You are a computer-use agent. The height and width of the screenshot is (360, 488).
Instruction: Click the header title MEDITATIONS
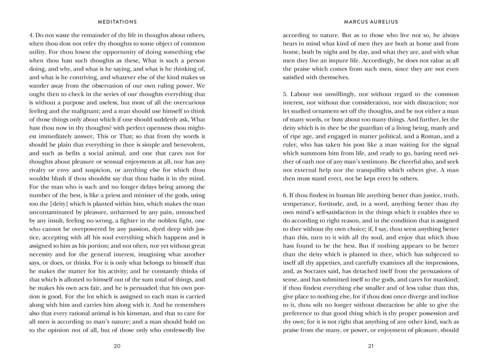[x=117, y=21]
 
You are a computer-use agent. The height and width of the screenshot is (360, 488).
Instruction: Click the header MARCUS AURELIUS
[x=370, y=21]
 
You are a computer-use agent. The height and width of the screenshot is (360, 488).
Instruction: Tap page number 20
[x=117, y=346]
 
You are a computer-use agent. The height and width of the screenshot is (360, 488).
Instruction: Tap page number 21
[x=370, y=346]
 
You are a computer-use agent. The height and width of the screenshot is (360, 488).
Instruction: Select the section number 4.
[x=30, y=35]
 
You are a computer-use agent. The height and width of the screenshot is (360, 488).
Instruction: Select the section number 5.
[x=285, y=94]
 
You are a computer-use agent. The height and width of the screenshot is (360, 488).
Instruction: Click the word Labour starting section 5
[x=300, y=94]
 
